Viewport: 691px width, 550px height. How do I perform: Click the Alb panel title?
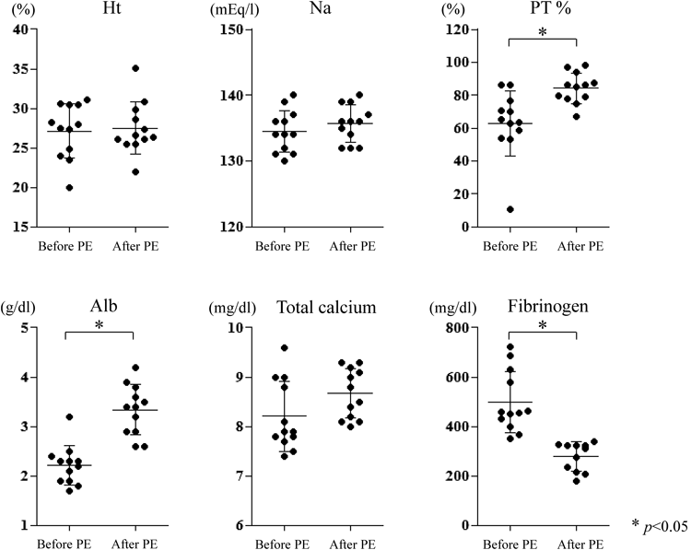point(100,307)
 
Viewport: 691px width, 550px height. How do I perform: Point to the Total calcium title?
point(325,307)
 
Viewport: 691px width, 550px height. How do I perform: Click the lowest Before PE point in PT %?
point(509,210)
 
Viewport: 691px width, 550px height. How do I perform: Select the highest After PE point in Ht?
point(135,68)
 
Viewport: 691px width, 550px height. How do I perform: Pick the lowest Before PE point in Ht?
point(68,188)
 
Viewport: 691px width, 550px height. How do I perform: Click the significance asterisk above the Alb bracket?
point(100,326)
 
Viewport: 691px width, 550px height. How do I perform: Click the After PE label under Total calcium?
point(351,543)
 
